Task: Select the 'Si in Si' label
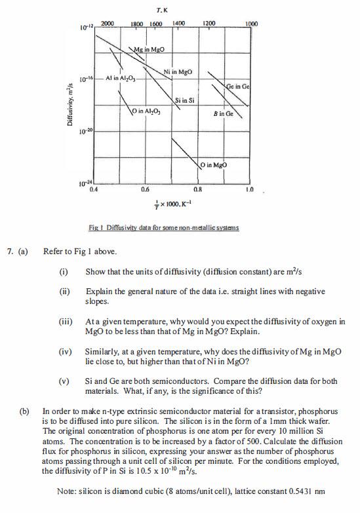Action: [x=185, y=100]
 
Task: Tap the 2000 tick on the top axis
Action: [x=108, y=24]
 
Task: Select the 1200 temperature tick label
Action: [x=209, y=24]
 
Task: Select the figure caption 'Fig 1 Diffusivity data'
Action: [x=164, y=228]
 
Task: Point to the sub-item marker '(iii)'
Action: [x=66, y=323]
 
